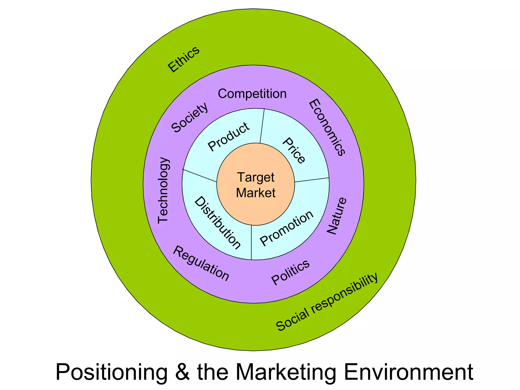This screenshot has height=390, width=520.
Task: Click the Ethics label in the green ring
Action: pyautogui.click(x=184, y=59)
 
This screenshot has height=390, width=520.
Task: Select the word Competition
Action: pyautogui.click(x=252, y=94)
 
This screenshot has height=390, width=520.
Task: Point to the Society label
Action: pyautogui.click(x=190, y=118)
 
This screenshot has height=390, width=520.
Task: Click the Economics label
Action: pyautogui.click(x=327, y=127)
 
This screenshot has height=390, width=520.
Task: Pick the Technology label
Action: pyautogui.click(x=163, y=190)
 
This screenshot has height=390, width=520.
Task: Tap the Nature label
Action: pyautogui.click(x=336, y=216)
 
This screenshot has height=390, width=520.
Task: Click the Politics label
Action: pyautogui.click(x=290, y=272)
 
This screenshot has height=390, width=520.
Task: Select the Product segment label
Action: pyautogui.click(x=229, y=137)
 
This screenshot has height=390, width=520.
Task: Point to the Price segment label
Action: pyautogui.click(x=294, y=151)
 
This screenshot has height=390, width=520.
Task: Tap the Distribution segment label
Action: pyautogui.click(x=217, y=223)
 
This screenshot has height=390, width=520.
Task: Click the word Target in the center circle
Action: pyautogui.click(x=256, y=177)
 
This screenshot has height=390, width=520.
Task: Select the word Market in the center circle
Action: pyautogui.click(x=256, y=193)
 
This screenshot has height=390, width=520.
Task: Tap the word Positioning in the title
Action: pyautogui.click(x=111, y=372)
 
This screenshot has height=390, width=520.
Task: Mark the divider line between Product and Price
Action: pyautogui.click(x=262, y=126)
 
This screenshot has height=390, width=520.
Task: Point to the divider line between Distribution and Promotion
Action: pyautogui.click(x=251, y=242)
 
